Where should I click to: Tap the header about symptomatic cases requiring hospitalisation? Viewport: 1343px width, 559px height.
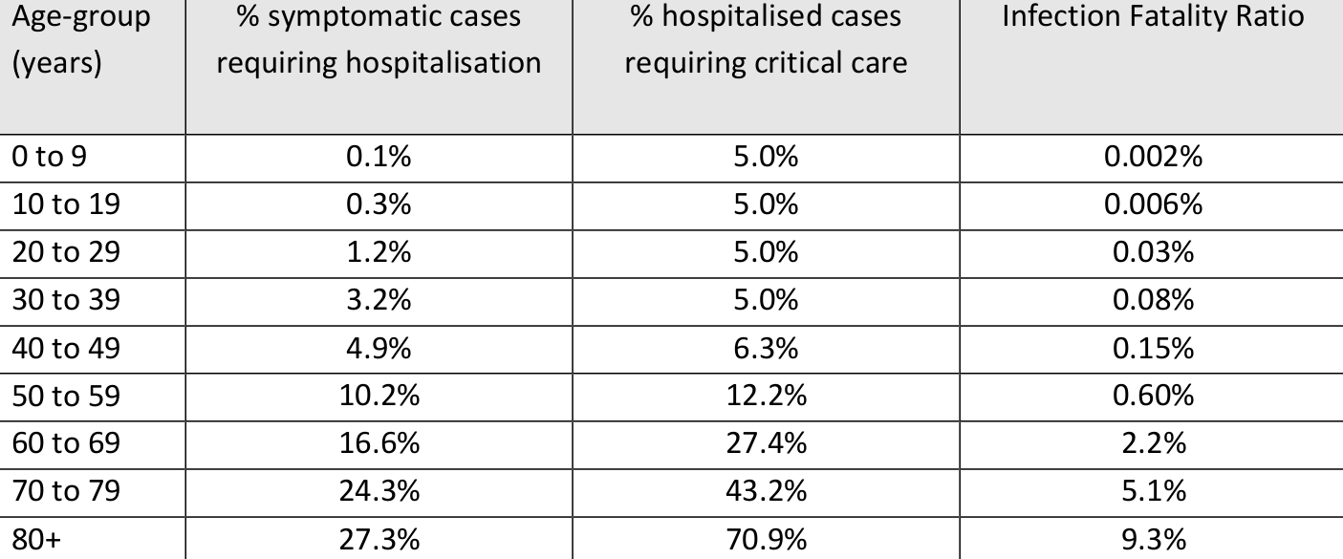click(379, 41)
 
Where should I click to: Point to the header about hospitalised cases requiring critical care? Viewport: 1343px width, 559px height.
click(766, 41)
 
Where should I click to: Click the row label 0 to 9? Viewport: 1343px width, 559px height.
click(49, 157)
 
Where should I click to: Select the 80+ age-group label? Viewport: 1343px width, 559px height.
click(36, 539)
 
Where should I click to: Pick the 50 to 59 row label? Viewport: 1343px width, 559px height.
click(66, 396)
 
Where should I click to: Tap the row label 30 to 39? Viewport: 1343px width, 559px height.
click(66, 300)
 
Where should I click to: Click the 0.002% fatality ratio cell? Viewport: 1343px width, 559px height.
click(1153, 157)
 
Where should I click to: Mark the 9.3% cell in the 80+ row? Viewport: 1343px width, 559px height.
click(1153, 539)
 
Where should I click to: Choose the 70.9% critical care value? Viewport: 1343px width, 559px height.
click(766, 539)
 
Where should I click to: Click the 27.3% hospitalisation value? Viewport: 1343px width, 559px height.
click(379, 539)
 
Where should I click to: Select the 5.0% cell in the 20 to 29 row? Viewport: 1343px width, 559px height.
click(766, 252)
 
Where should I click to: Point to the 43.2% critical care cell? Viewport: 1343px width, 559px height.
click(766, 491)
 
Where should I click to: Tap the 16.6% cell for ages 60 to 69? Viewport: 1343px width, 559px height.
click(379, 443)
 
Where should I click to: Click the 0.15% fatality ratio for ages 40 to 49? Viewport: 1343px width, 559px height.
click(1153, 348)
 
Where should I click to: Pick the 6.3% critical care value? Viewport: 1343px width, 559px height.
click(766, 348)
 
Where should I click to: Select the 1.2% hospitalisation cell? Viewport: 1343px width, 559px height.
click(379, 252)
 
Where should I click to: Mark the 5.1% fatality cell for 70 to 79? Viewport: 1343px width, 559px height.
click(1153, 491)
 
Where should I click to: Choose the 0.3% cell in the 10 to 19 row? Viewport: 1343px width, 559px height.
click(379, 204)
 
